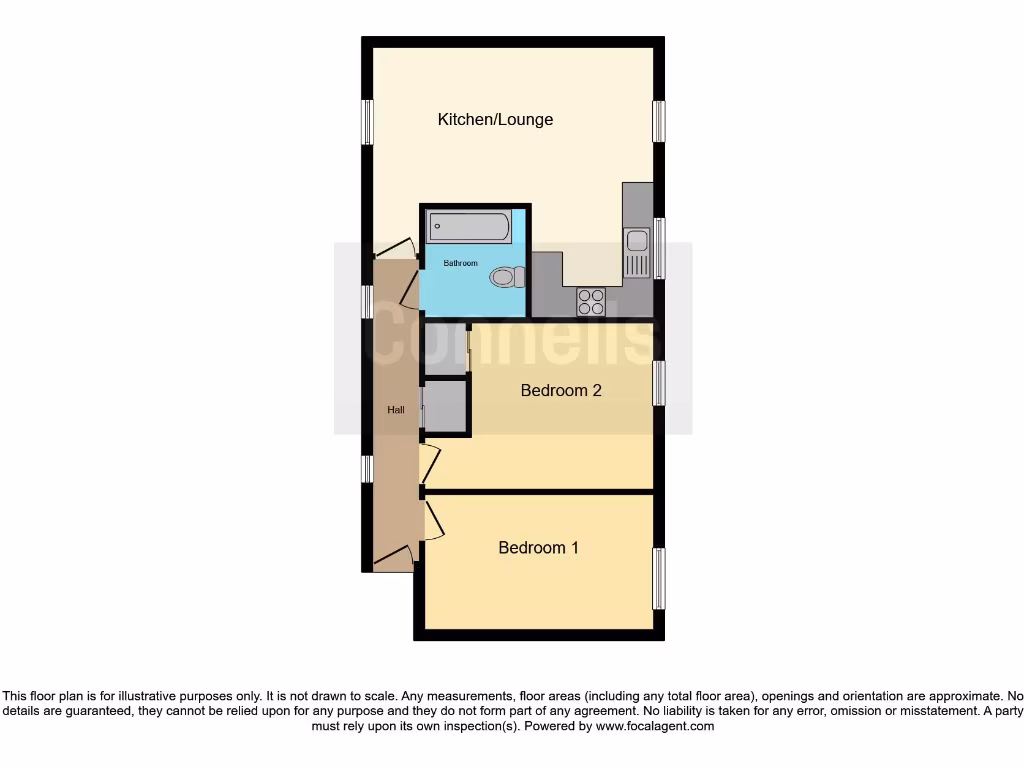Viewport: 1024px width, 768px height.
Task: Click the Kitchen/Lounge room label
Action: coord(495,120)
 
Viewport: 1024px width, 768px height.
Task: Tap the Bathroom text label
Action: coord(461,264)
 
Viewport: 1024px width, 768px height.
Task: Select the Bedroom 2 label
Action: coord(561,390)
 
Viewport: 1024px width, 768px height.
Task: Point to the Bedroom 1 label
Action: coord(538,548)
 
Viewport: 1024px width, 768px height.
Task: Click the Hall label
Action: coord(396,410)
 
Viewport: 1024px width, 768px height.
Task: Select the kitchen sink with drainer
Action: coord(637,252)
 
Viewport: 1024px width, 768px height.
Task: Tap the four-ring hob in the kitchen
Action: coord(590,301)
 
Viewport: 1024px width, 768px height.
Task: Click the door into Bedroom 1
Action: coord(432,521)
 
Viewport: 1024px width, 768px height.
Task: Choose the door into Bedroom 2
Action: coord(429,465)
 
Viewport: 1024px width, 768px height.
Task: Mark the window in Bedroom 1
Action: coord(658,578)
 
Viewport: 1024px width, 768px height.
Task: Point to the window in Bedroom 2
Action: coord(658,383)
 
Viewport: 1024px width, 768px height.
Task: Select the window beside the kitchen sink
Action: coord(658,247)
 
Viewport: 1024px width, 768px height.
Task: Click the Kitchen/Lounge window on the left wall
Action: coord(367,122)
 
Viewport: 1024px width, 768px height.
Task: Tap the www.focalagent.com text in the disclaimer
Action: coord(654,726)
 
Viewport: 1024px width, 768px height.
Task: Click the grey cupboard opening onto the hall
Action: coord(445,407)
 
